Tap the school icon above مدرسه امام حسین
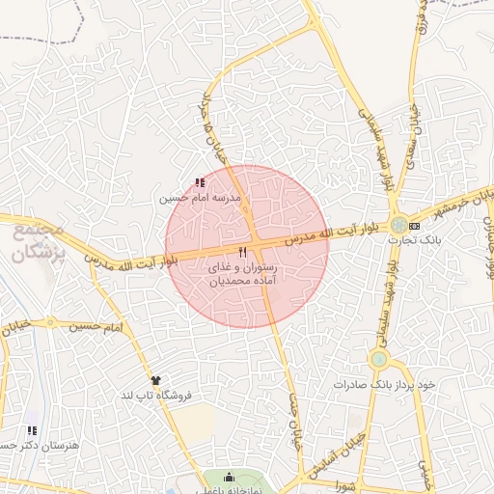coord(200,182)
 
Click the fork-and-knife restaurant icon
coord(229,251)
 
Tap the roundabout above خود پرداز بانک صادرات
coord(378,360)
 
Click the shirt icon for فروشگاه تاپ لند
coord(155,380)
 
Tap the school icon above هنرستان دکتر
coord(32,430)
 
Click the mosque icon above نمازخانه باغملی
coord(229,476)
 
